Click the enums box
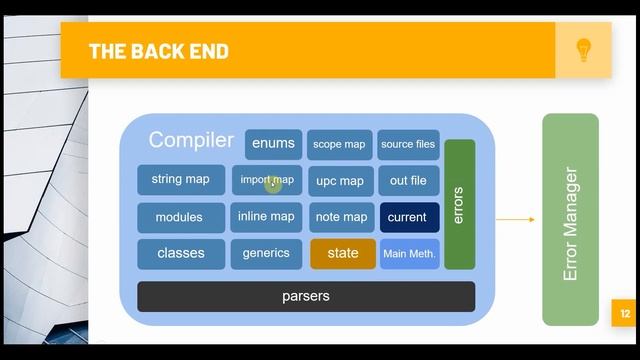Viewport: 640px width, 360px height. pyautogui.click(x=273, y=144)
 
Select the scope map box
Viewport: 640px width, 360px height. pyautogui.click(x=340, y=144)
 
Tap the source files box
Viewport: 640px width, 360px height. pyautogui.click(x=408, y=144)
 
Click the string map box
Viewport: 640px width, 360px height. pyautogui.click(x=181, y=180)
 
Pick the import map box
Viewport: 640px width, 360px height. pyautogui.click(x=266, y=180)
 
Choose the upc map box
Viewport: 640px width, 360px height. pyautogui.click(x=340, y=181)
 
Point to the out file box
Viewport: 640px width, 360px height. pyautogui.click(x=408, y=181)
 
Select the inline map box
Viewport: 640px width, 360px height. pyautogui.click(x=266, y=217)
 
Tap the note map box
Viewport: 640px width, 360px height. pyautogui.click(x=341, y=217)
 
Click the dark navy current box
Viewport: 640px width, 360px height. pyautogui.click(x=407, y=217)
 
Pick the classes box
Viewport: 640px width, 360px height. pyautogui.click(x=181, y=254)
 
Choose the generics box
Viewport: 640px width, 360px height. pyautogui.click(x=266, y=254)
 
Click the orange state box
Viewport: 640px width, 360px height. pyautogui.click(x=343, y=254)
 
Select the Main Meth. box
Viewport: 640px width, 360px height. pyautogui.click(x=409, y=254)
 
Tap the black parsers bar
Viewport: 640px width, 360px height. pyautogui.click(x=306, y=296)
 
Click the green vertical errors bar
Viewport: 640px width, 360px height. pyautogui.click(x=459, y=204)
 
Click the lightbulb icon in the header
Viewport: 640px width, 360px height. pyautogui.click(x=584, y=50)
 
